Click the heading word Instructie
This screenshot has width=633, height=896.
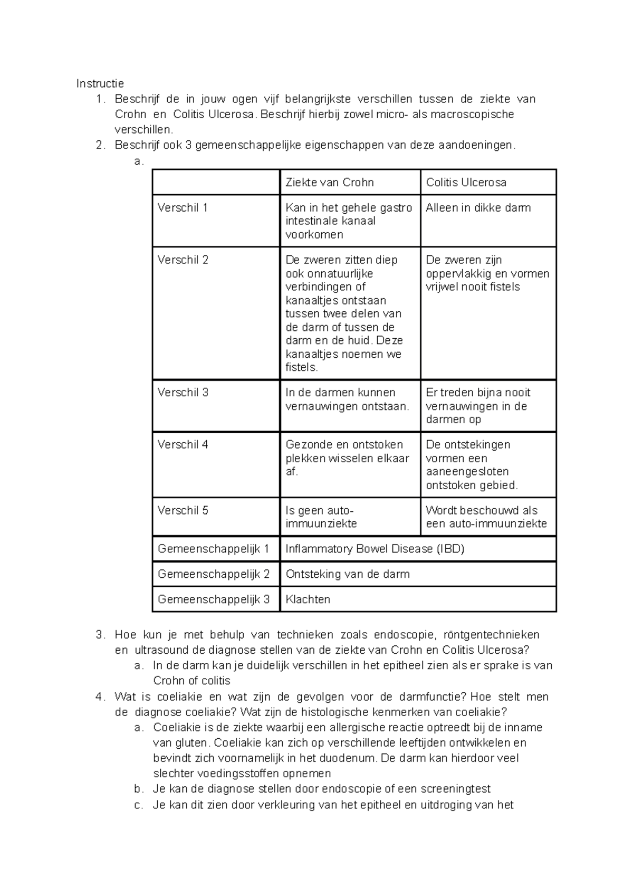point(100,83)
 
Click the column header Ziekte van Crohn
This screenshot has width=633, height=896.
point(329,183)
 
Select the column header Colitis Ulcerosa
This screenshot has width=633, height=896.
point(466,183)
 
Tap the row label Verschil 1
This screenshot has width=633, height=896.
point(183,208)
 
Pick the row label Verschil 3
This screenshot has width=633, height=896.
point(183,393)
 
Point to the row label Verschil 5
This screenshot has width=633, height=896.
point(183,511)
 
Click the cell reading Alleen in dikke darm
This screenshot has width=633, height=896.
point(478,208)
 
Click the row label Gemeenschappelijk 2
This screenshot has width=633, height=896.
point(214,574)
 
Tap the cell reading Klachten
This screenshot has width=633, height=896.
point(308,599)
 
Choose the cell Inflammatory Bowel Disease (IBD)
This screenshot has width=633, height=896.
point(375,549)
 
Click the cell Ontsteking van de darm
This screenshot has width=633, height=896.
point(347,574)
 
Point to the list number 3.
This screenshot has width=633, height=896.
point(100,635)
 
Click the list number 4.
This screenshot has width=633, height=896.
point(100,697)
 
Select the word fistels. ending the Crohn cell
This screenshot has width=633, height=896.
point(302,368)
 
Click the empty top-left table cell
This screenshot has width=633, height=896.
point(216,183)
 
